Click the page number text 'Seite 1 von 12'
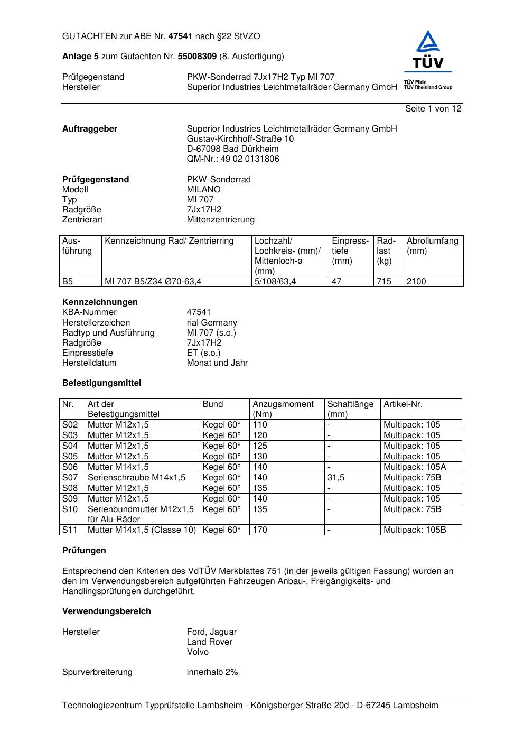coord(433,109)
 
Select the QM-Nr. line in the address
coord(233,159)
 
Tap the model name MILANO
coord(203,190)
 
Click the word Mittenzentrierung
coord(220,220)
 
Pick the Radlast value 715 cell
coord(384,282)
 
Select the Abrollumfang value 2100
coord(416,282)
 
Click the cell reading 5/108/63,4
coord(275,282)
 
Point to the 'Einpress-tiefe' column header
coord(350,251)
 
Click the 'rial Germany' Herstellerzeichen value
coord(212,323)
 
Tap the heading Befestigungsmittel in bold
coord(101,383)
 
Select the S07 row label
coord(70,478)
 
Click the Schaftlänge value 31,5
coord(336,478)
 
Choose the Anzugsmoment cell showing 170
coord(260,530)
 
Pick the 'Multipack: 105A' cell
coord(415,467)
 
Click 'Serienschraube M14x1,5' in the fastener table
coord(136,478)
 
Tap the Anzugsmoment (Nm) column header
coord(283,409)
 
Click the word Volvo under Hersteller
coord(198,652)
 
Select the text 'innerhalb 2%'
coord(212,672)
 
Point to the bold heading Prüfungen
coord(84,551)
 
